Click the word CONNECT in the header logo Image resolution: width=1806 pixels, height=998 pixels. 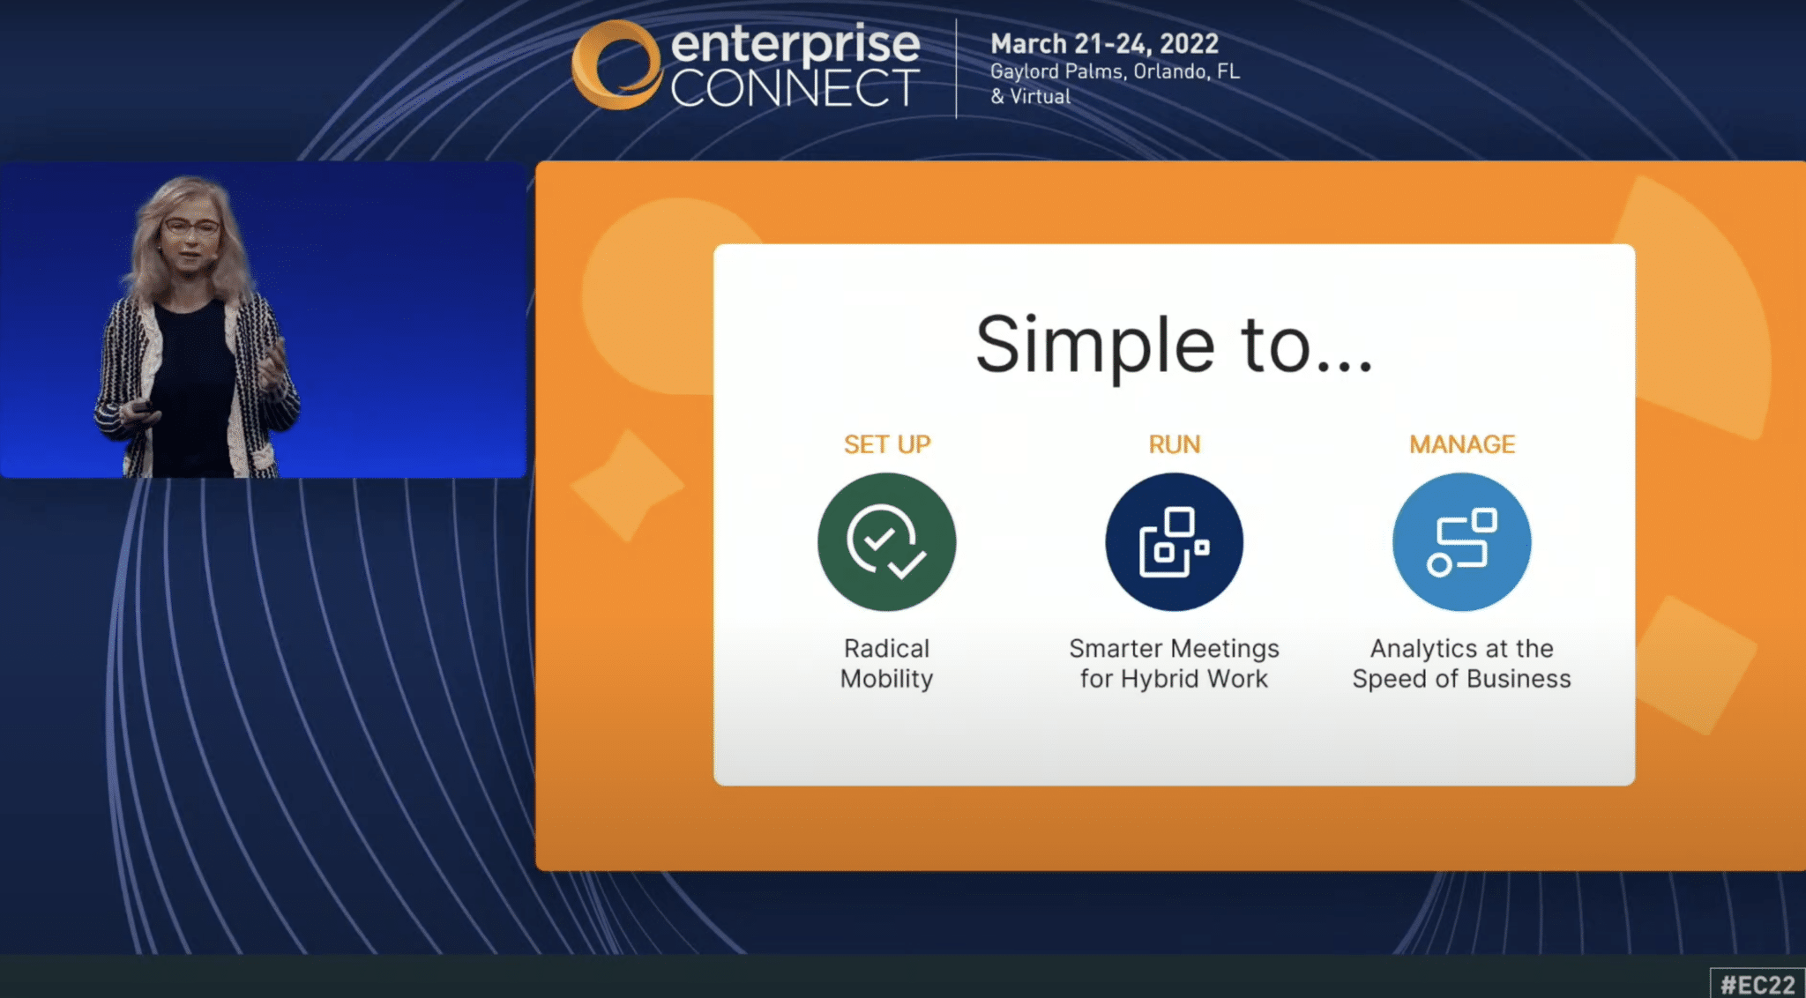click(795, 88)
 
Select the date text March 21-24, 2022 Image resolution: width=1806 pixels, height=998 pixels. click(1104, 43)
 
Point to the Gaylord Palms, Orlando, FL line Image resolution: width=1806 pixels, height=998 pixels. click(1115, 71)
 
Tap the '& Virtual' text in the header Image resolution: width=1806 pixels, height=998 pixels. click(1030, 96)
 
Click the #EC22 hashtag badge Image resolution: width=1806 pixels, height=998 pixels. click(1757, 984)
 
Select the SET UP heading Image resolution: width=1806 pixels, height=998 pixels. click(887, 444)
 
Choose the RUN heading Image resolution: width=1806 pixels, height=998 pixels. click(1175, 444)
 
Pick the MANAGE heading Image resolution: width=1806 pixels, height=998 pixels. click(1462, 444)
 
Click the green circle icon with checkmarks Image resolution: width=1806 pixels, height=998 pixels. click(887, 542)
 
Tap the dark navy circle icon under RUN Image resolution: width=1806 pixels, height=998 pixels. click(1175, 542)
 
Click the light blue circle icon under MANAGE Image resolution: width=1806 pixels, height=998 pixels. click(1462, 542)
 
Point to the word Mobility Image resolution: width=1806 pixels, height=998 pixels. click(886, 679)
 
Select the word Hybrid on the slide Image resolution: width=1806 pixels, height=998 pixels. click(1158, 679)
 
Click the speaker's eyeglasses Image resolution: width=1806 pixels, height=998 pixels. click(190, 228)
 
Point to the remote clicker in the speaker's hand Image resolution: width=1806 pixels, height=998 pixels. click(139, 407)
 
